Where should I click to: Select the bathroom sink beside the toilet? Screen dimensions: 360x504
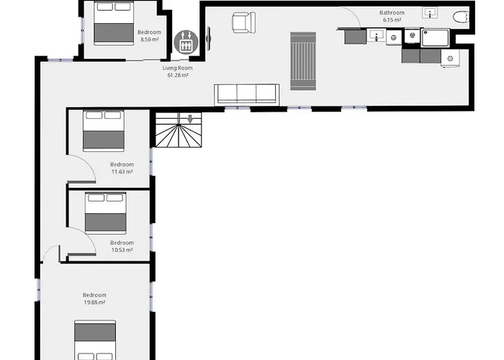coord(431,13)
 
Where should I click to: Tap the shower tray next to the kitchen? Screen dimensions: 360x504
coord(435,37)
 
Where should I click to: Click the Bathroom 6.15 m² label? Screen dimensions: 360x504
coord(392,16)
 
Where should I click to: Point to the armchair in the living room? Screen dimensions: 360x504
coord(243,22)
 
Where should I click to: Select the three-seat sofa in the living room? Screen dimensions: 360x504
coord(247,94)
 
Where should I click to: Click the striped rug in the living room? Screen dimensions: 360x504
coord(302,61)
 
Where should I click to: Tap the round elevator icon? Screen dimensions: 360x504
coord(185,40)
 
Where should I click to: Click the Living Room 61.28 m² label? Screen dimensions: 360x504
coord(176,71)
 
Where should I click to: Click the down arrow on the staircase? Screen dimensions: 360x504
coord(190,119)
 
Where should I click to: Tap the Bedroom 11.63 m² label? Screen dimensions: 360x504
coord(122,168)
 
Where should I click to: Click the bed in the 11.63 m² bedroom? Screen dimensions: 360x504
coord(104,131)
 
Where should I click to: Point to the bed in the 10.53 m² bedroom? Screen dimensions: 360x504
coord(106,212)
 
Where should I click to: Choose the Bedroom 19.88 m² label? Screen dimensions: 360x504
coord(94,299)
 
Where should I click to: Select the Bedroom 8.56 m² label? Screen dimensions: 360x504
coord(149,35)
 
